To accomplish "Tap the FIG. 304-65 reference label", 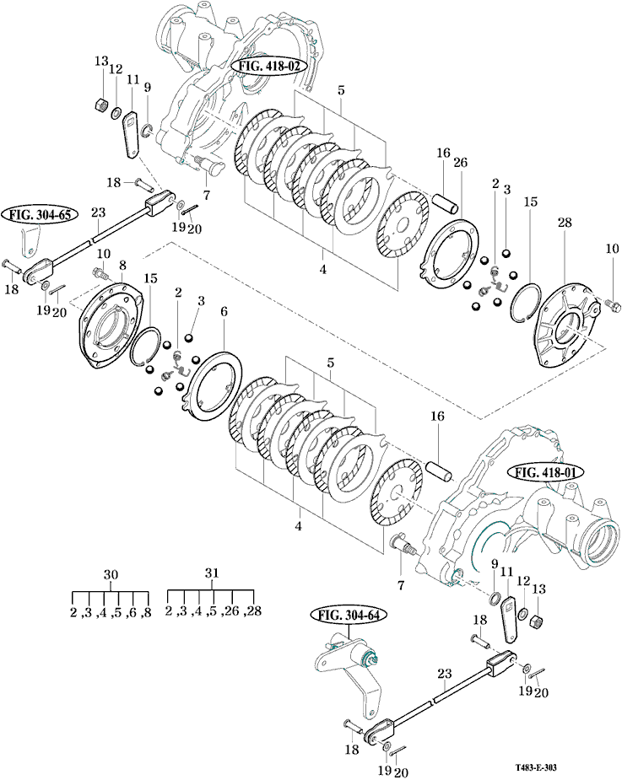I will [x=41, y=215].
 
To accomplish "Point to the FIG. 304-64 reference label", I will [x=348, y=616].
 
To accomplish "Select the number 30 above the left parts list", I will [x=110, y=573].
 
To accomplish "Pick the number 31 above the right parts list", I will [x=212, y=573].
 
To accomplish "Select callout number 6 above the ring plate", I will [x=224, y=311].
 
